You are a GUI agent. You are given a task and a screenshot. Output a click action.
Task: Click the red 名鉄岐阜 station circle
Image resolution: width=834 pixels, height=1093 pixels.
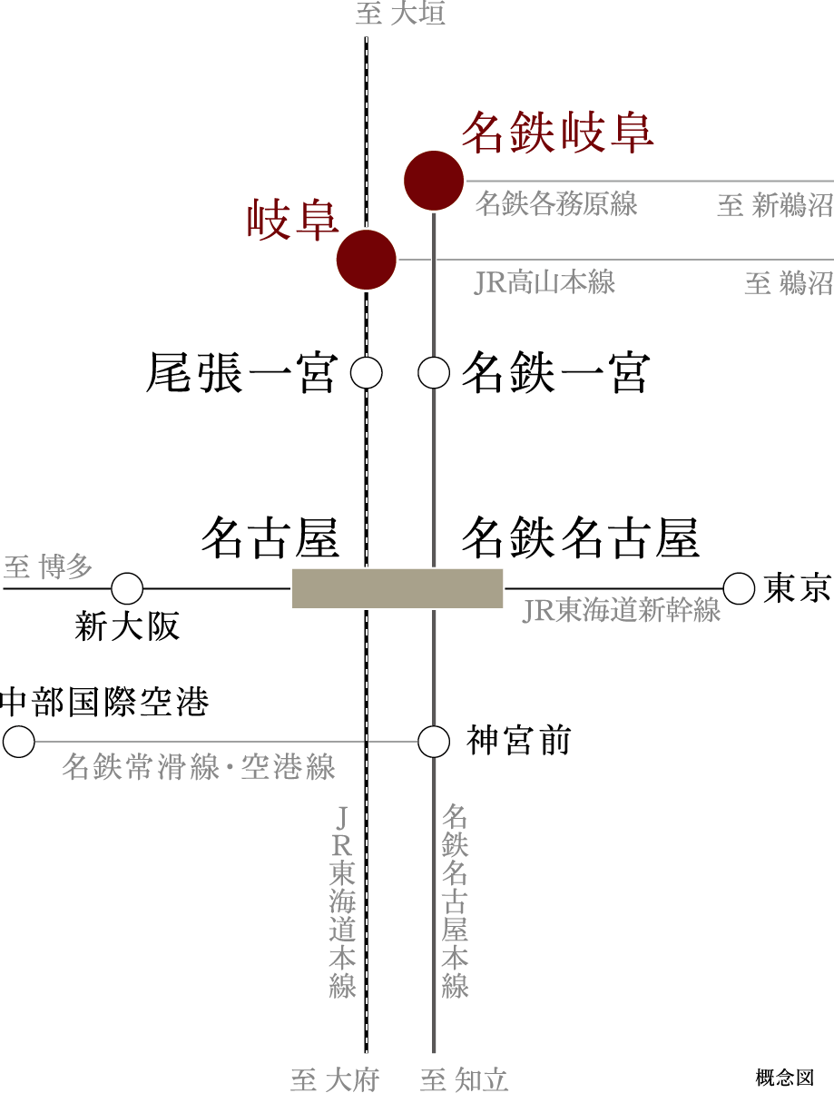[x=434, y=181]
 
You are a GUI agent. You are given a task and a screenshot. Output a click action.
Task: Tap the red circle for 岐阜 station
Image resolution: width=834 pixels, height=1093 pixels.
[x=367, y=260]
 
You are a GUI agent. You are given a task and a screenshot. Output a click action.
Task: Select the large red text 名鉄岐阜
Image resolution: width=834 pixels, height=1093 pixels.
[x=557, y=133]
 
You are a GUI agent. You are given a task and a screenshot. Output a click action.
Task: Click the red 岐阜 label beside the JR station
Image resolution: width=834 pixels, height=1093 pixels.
[x=292, y=221]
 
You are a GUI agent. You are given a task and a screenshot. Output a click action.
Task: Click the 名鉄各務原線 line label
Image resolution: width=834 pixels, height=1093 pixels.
[x=555, y=203]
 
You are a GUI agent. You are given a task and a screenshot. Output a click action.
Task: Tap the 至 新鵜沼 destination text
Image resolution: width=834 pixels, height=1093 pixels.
[x=774, y=205]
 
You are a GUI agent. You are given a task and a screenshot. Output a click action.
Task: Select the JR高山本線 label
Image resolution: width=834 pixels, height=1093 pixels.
[x=545, y=282]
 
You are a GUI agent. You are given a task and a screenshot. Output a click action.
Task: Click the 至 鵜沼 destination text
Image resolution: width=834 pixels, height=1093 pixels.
[x=788, y=283]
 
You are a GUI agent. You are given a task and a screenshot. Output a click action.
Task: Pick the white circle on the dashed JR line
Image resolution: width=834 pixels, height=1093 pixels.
[x=367, y=373]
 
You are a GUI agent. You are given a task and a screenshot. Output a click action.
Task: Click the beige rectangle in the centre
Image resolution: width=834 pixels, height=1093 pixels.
[x=397, y=588]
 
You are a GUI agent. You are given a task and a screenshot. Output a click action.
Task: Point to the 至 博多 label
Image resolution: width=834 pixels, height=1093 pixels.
[x=48, y=567]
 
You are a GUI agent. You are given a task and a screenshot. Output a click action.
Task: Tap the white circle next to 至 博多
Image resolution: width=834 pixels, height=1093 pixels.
[x=127, y=589]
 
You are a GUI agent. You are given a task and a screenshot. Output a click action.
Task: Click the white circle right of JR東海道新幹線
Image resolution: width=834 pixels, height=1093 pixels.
[x=739, y=589]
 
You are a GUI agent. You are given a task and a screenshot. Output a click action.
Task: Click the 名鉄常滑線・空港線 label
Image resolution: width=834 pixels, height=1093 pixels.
[x=199, y=767]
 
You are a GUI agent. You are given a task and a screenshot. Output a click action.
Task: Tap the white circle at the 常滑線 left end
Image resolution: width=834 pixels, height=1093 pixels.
[x=18, y=742]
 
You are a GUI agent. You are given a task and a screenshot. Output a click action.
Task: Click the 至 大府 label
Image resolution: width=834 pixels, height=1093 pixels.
[x=334, y=1079]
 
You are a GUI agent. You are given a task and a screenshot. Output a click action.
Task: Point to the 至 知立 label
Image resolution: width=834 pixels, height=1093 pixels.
[x=464, y=1079]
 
